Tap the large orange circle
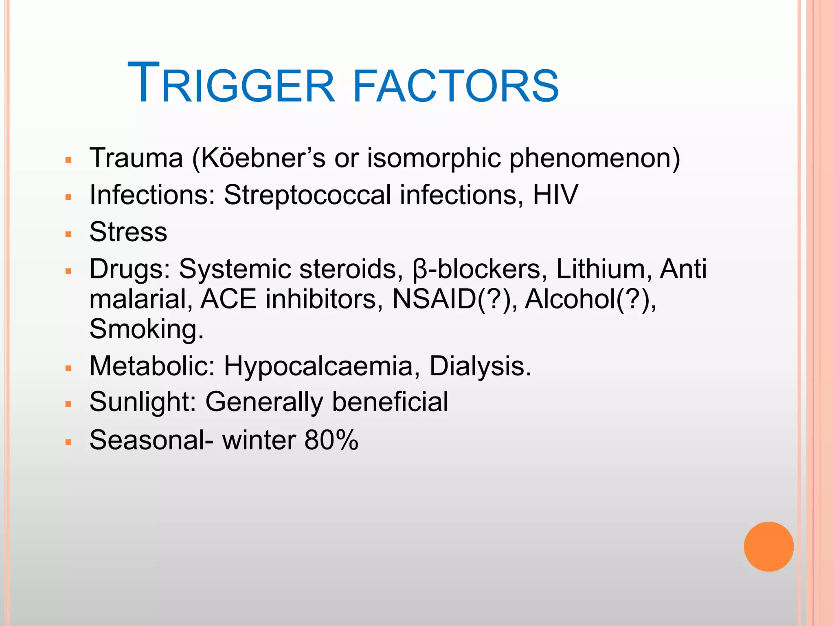[x=768, y=547]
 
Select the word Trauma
[x=136, y=158]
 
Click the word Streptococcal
[x=307, y=195]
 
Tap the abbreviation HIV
[x=555, y=195]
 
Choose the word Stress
[x=128, y=232]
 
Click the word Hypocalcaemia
[x=318, y=366]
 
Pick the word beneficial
[x=390, y=402]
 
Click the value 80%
[x=331, y=440]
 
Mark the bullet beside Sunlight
[x=68, y=404]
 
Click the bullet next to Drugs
[x=68, y=271]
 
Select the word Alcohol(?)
[x=590, y=300]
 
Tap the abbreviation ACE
[x=228, y=300]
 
